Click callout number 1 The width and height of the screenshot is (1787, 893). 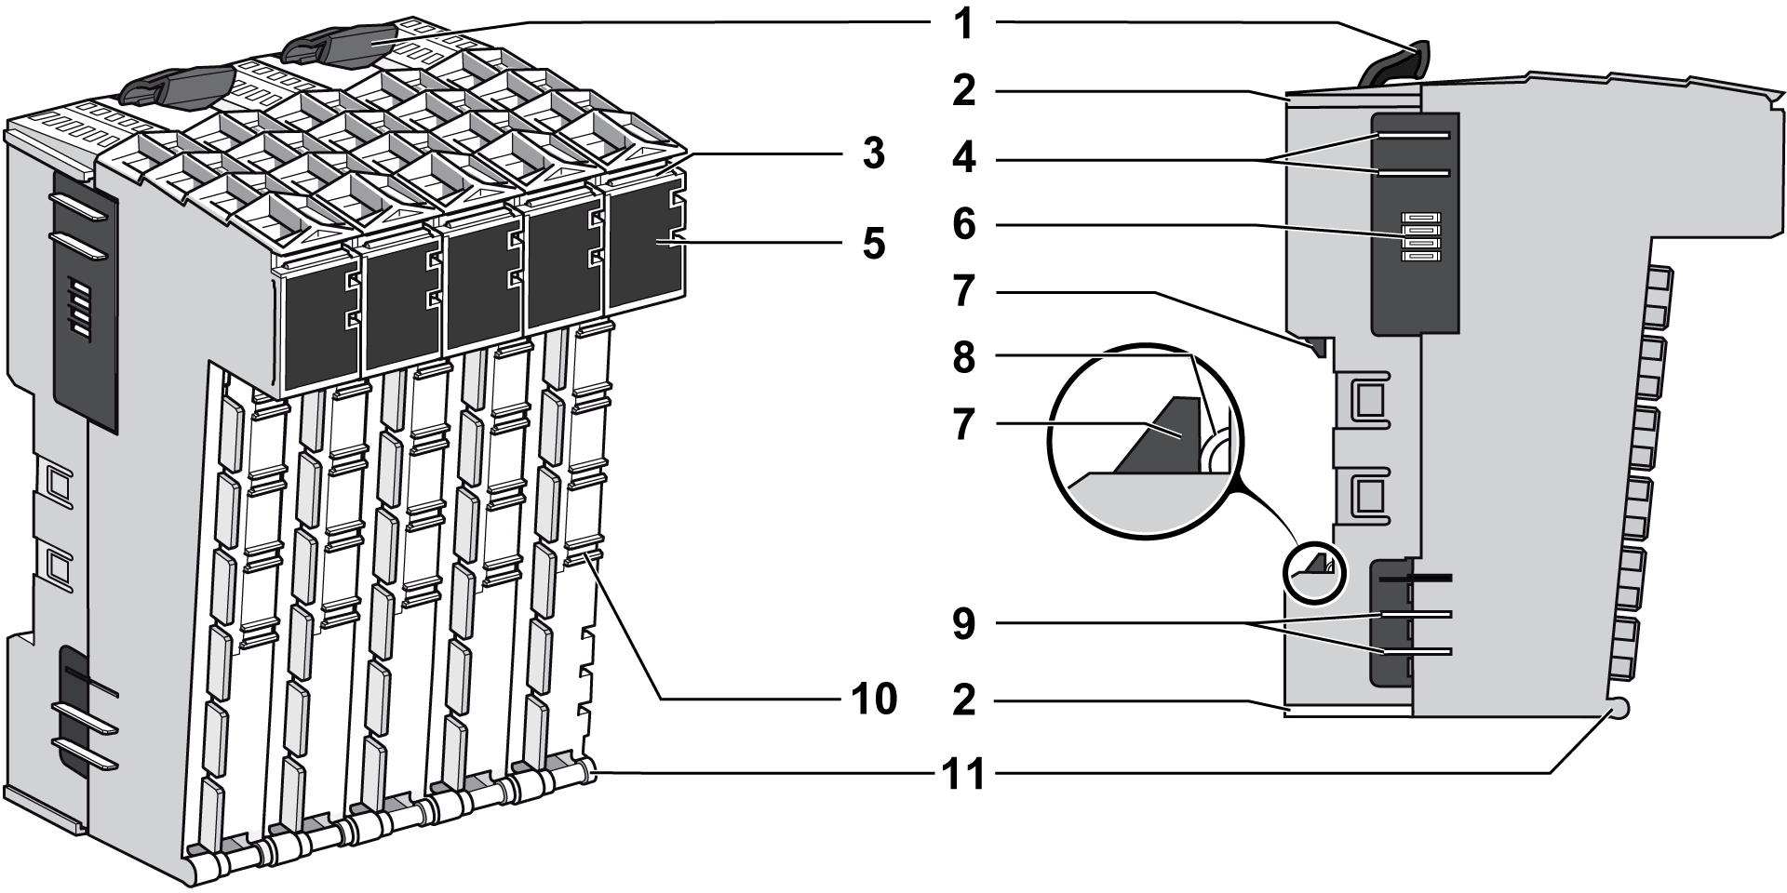(963, 24)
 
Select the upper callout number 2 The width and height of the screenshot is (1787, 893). (963, 91)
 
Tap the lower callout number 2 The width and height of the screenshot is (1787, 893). (963, 700)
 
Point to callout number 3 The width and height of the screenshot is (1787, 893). (872, 154)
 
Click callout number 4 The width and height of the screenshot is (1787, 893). (963, 159)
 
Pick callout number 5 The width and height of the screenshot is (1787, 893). (872, 243)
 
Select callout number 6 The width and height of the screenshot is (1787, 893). (963, 225)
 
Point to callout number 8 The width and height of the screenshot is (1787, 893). (963, 357)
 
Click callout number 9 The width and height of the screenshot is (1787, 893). (963, 624)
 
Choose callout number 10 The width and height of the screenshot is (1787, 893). (872, 700)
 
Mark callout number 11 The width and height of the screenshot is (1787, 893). (963, 773)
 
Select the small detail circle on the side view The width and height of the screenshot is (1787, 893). (1314, 568)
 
